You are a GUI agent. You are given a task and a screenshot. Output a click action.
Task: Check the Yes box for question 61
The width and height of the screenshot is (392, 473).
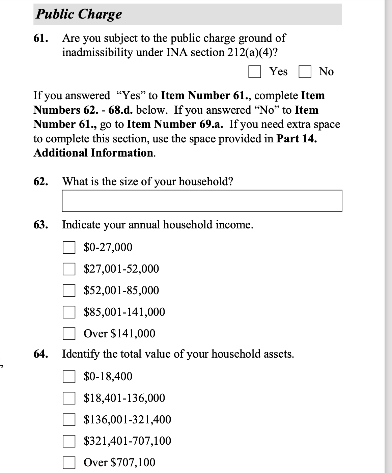(255, 72)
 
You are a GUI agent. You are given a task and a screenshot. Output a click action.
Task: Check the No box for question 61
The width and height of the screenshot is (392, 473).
(305, 72)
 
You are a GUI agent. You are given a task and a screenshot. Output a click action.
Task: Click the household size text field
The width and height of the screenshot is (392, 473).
(202, 201)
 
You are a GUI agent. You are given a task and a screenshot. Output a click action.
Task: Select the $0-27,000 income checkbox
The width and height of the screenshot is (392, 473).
(69, 248)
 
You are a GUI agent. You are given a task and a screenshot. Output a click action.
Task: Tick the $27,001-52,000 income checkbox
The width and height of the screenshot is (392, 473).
(69, 269)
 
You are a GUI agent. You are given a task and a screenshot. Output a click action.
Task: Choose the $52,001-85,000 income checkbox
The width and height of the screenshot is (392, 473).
(69, 290)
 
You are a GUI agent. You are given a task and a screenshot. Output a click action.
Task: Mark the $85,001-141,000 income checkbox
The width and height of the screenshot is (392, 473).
(69, 312)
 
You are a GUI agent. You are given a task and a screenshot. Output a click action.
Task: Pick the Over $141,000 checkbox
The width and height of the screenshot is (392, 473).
(69, 334)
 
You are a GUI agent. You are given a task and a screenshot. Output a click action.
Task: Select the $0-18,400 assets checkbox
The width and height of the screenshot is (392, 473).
(69, 377)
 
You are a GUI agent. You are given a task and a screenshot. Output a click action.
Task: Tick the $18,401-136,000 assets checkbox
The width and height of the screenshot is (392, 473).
(69, 398)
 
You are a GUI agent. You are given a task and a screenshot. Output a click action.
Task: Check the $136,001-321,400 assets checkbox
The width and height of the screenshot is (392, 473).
(69, 420)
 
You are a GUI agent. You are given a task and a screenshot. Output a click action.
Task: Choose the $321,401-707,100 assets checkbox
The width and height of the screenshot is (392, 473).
(69, 441)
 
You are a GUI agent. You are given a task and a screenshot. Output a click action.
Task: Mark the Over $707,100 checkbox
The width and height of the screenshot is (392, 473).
(69, 463)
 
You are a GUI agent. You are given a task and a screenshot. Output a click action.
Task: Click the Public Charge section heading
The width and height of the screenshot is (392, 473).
(79, 14)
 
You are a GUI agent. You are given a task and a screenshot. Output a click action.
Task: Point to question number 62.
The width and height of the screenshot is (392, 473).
(40, 182)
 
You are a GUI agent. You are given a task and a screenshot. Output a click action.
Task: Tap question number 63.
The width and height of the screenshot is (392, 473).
(40, 225)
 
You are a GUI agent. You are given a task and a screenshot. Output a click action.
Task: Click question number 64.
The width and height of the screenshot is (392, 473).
(40, 354)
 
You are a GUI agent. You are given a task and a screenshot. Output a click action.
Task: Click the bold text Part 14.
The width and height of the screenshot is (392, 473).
(297, 139)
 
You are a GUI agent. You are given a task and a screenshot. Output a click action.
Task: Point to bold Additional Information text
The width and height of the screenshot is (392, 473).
(94, 153)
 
